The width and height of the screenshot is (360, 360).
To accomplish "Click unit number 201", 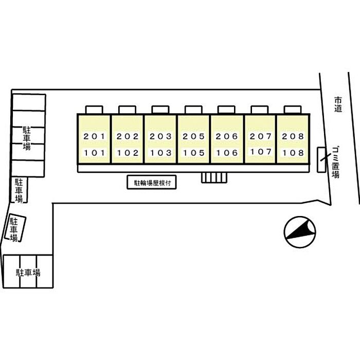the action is point(94,137).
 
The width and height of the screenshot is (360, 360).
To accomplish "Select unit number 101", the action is point(94,153).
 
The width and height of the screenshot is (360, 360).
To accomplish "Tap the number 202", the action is point(127,137).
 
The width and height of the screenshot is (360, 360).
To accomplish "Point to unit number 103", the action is point(160,153).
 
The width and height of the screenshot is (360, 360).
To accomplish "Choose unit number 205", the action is point(193,137).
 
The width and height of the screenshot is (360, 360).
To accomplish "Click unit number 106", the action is point(227,153).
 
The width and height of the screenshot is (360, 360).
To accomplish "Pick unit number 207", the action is point(260,137).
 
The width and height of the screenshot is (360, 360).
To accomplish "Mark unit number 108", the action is point(293,153).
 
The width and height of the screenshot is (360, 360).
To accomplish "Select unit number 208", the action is point(293,137).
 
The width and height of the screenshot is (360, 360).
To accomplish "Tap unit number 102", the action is point(127,153).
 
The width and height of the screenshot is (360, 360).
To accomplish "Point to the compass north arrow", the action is point(299,231).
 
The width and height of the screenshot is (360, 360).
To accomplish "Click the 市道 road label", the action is point(337,104).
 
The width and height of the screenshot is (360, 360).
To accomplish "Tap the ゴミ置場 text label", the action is point(335,161).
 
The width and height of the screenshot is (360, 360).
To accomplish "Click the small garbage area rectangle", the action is point(322,159).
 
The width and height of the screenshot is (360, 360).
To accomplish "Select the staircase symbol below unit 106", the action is point(213,177).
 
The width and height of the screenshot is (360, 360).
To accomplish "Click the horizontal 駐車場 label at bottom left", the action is point(28,273).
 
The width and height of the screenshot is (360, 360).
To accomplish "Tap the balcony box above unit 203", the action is point(160,110).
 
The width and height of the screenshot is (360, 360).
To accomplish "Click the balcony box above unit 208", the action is point(293,110).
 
